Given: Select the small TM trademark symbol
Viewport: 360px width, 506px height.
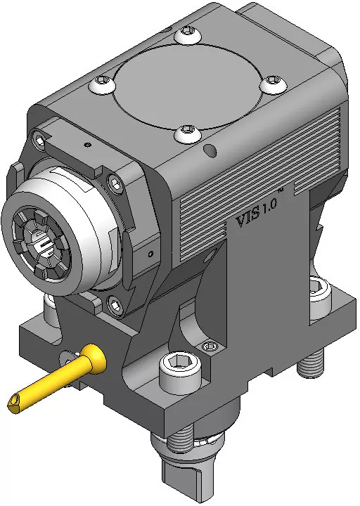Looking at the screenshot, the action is coord(281,192).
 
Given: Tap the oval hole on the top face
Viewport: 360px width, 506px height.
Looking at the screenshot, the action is coord(210,150).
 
